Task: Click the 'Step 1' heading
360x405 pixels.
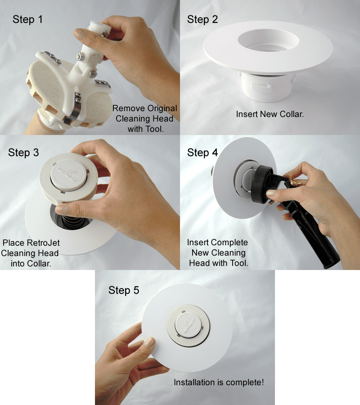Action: pos(28,19)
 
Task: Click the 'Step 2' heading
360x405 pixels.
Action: pos(202,19)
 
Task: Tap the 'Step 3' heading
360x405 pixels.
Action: pos(23,153)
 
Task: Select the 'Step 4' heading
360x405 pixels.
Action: pos(202,153)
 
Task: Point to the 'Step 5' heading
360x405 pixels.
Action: pos(124,290)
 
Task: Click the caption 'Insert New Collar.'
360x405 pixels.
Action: pos(270,114)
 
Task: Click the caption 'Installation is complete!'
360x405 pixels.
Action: pos(219,382)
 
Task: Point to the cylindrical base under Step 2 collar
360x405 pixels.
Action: pos(267,85)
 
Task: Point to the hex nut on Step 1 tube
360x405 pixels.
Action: pos(80,57)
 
